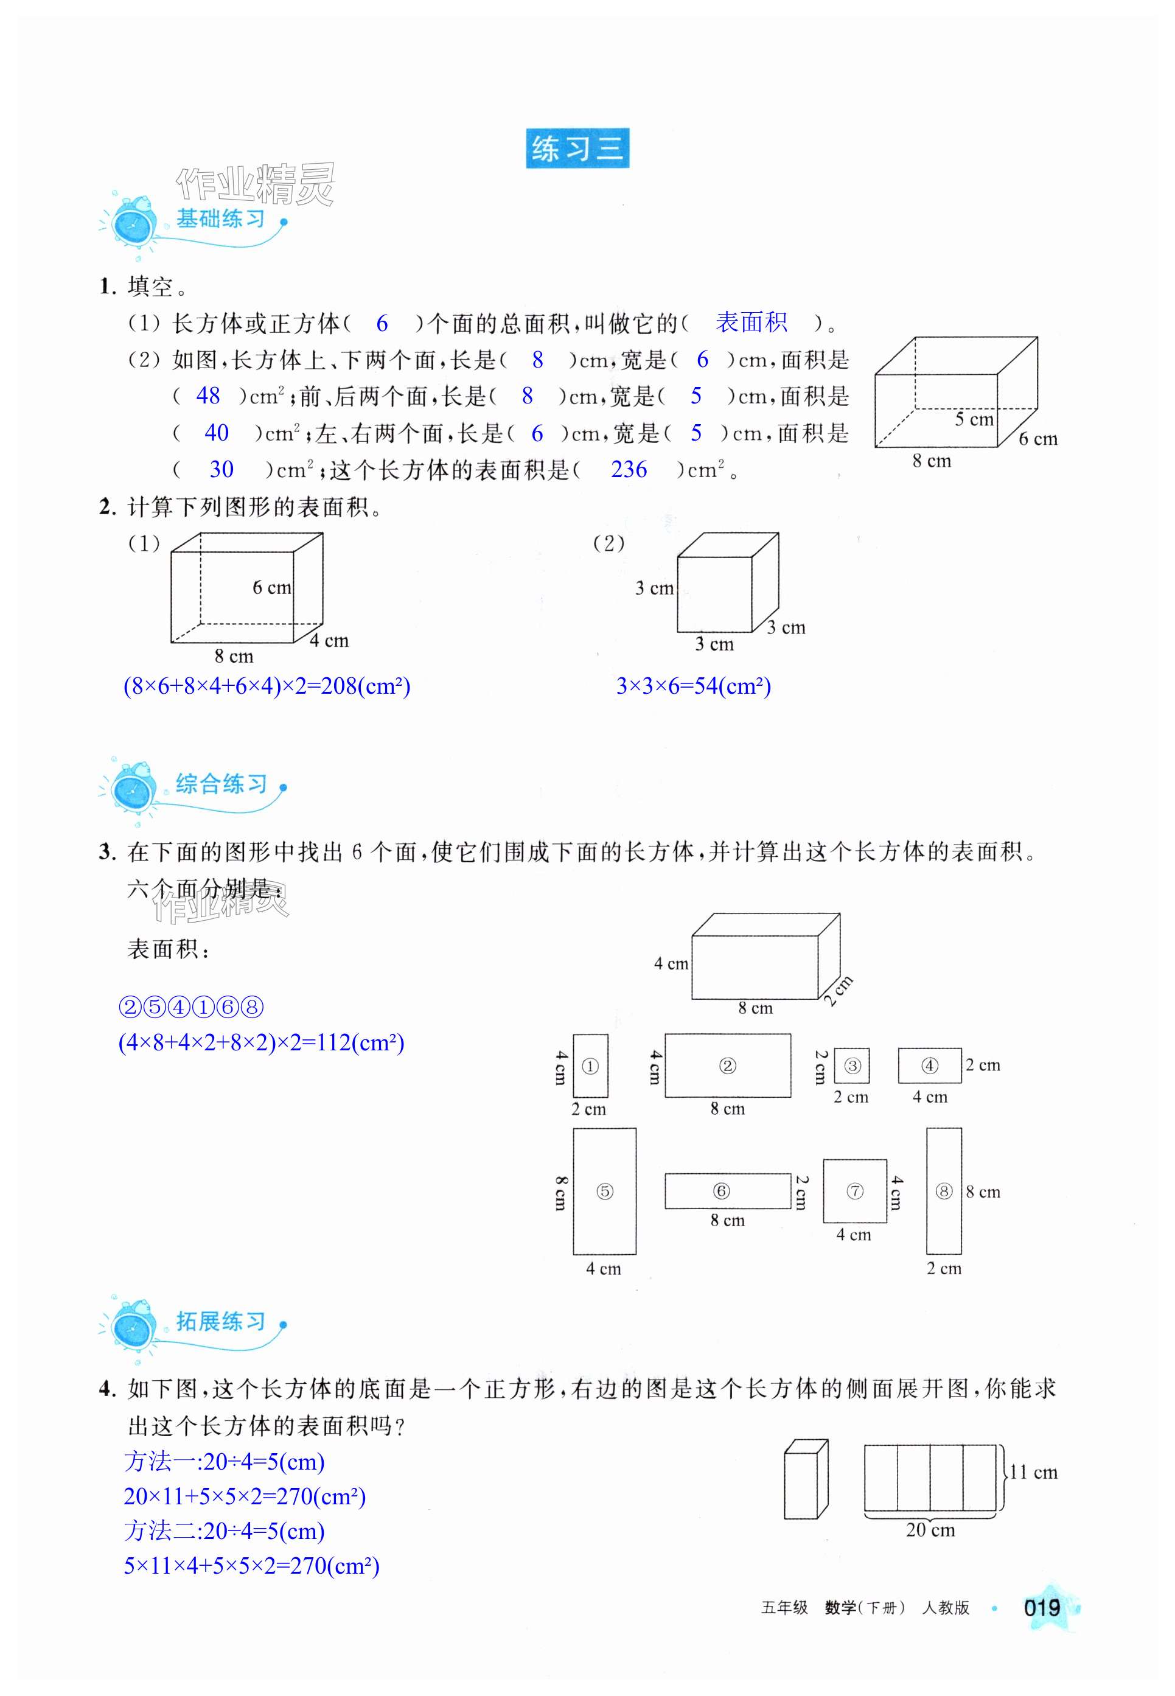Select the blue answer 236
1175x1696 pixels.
(628, 470)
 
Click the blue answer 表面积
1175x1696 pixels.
(751, 323)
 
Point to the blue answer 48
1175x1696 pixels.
(207, 396)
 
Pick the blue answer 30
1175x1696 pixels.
(221, 470)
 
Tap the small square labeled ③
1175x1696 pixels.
(852, 1066)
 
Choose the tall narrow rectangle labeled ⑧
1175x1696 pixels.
(943, 1191)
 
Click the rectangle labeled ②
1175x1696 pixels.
(727, 1066)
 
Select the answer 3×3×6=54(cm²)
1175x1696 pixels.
(694, 686)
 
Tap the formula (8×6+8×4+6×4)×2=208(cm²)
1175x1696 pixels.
(267, 686)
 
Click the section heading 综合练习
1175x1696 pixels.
(221, 784)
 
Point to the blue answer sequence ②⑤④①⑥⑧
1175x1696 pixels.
(190, 1007)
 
